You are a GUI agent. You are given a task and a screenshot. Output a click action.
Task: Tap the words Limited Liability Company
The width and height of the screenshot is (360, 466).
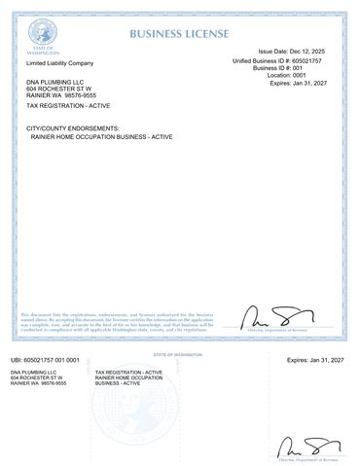point(58,61)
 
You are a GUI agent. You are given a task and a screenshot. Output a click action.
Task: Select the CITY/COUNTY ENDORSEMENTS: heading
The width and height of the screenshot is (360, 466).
point(73,128)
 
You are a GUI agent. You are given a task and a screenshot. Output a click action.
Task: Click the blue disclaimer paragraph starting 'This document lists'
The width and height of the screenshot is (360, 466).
point(116,322)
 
